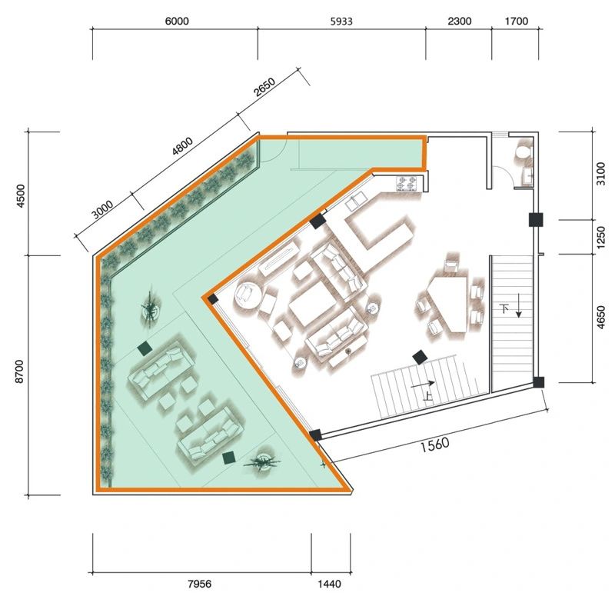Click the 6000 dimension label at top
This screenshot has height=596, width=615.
coord(177,21)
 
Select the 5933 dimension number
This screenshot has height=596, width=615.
coord(341,22)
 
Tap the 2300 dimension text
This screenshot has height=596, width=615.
coord(459,21)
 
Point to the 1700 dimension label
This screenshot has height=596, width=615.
coord(516,21)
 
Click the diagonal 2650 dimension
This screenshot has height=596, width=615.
coord(264,87)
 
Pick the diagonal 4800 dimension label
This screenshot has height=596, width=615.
coord(182,146)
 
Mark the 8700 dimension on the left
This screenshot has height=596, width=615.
coord(20,371)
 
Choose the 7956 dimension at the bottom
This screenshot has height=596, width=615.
coord(199,584)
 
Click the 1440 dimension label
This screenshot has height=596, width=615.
coord(329,584)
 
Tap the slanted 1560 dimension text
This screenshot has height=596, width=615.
coord(434,445)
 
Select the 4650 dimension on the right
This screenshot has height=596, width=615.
coord(600,318)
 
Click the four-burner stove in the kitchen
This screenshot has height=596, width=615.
coord(406,183)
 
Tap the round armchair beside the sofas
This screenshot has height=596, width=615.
coord(248,294)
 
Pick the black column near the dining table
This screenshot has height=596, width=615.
coord(420,357)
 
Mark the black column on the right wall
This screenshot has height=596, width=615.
coord(536,220)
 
